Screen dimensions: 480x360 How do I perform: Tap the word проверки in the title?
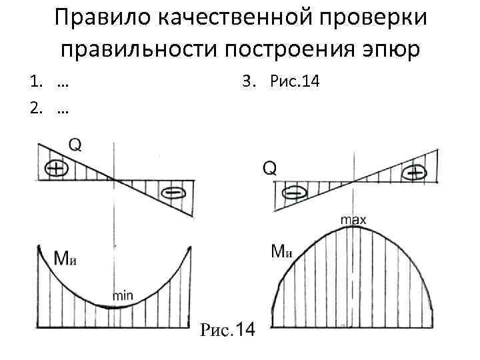pos(381,18)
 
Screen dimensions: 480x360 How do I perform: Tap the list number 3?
pos(248,82)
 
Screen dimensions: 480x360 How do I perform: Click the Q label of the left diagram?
pos(75,145)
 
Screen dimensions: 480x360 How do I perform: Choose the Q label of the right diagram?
pos(269,168)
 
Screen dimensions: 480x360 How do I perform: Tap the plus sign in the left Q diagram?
pos(57,169)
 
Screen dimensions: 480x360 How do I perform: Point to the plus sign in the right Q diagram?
pos(415,173)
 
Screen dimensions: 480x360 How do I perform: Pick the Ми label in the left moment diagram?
pos(67,258)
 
